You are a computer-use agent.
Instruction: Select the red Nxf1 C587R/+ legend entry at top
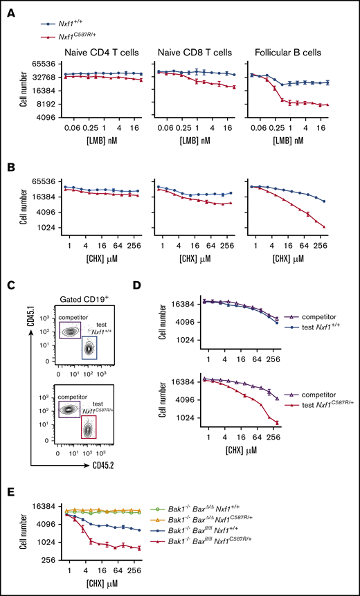[x=73, y=35]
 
